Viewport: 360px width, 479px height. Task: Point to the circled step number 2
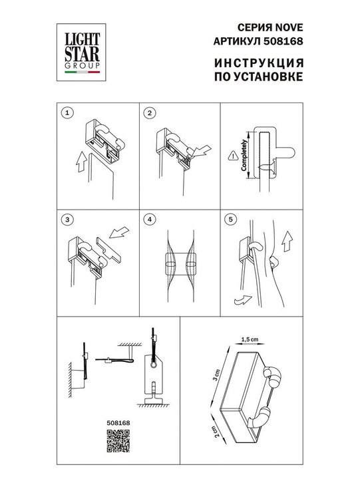coord(150,113)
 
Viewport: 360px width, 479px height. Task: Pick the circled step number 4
coord(150,219)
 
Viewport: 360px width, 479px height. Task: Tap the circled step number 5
coord(230,219)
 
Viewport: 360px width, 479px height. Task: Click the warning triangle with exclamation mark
coord(232,157)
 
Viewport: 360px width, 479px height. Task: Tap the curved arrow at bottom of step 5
coord(242,300)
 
